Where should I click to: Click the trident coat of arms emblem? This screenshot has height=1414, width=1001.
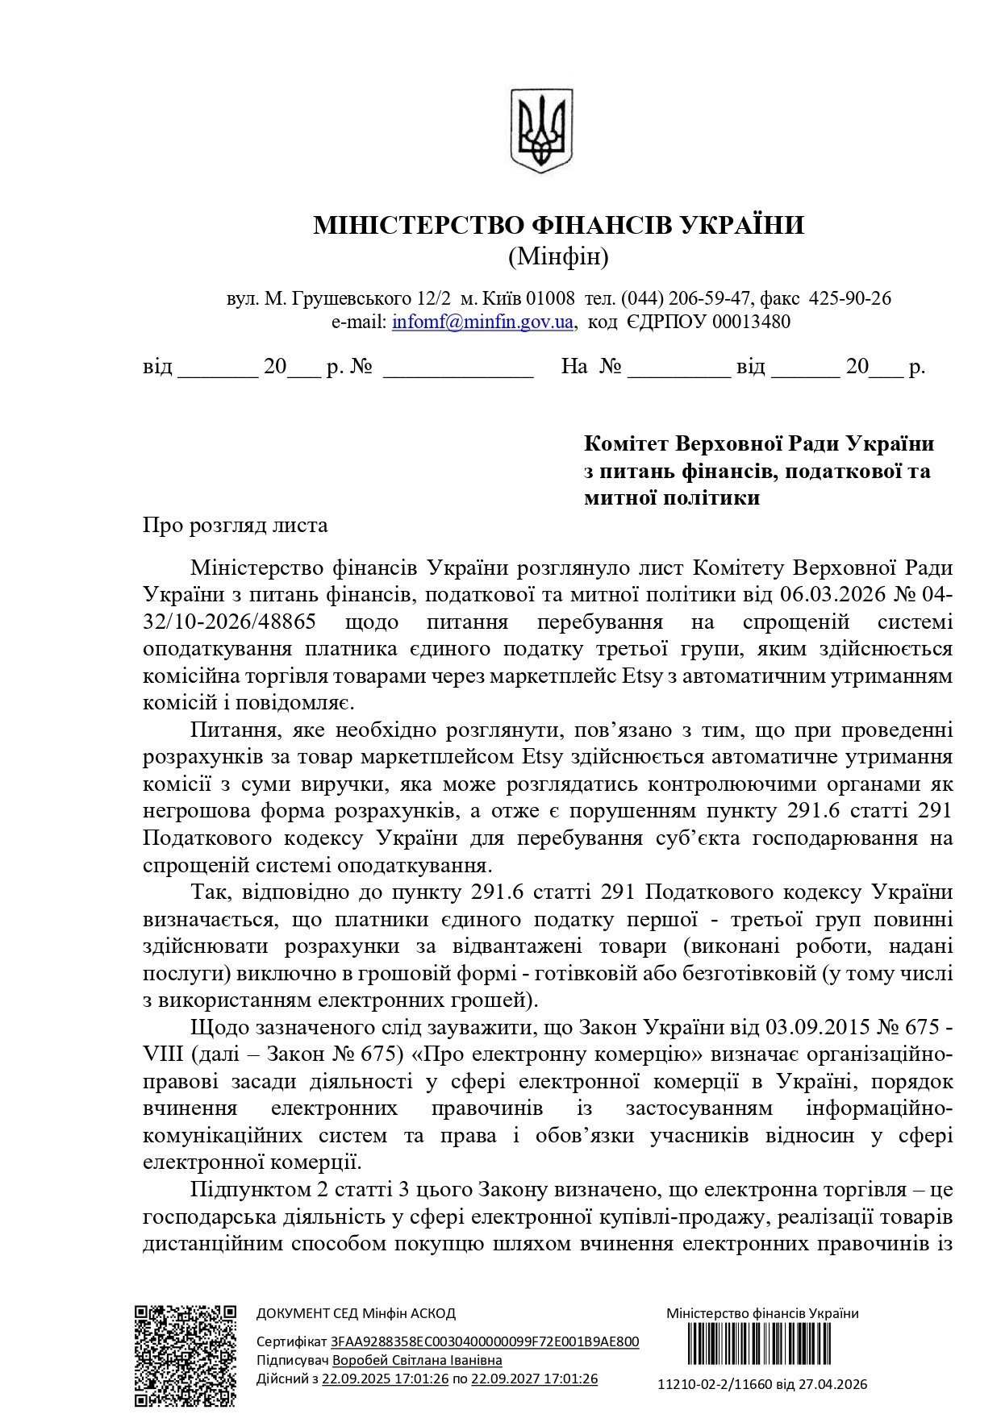[x=542, y=130]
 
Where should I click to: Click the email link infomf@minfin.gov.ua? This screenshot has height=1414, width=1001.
[x=482, y=322]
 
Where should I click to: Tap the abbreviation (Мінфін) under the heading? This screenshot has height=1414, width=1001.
[x=558, y=257]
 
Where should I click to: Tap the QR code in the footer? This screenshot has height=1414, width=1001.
[x=185, y=1355]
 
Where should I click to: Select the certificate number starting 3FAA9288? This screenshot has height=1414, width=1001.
[x=485, y=1341]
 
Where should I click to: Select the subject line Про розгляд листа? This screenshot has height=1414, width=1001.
[x=236, y=526]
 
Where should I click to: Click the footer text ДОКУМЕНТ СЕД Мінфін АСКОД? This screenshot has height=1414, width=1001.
[x=356, y=1313]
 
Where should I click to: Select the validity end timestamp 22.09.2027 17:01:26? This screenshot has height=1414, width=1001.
[x=534, y=1379]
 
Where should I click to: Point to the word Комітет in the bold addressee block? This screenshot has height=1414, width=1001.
[x=626, y=443]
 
